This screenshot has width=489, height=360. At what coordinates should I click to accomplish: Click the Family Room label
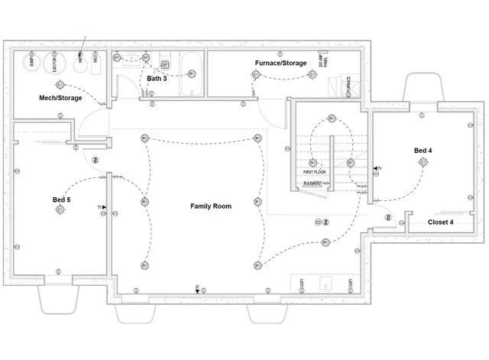pyautogui.click(x=210, y=206)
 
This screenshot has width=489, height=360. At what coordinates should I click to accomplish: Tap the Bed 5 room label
pyautogui.click(x=61, y=199)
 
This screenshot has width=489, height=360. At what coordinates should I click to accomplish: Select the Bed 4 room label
pyautogui.click(x=423, y=151)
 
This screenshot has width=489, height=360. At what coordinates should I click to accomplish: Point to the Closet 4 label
pyautogui.click(x=440, y=222)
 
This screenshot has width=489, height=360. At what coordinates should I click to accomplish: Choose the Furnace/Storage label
pyautogui.click(x=281, y=63)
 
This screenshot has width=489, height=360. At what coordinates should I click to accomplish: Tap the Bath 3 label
pyautogui.click(x=157, y=79)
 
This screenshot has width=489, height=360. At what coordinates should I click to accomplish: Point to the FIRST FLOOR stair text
pyautogui.click(x=313, y=172)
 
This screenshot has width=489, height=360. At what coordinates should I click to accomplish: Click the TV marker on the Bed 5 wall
pyautogui.click(x=101, y=207)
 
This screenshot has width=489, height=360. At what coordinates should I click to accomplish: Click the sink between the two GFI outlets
pyautogui.click(x=325, y=284)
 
